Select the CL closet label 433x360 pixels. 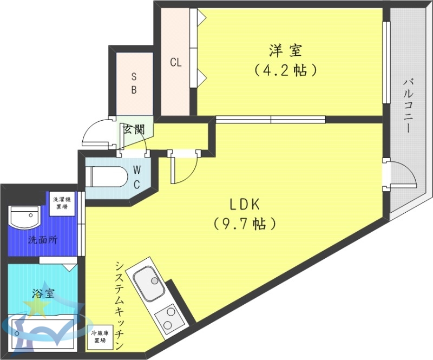(x=175, y=62)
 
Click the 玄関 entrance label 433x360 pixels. (x=134, y=129)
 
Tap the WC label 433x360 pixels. (x=137, y=176)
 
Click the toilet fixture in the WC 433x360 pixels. (x=108, y=176)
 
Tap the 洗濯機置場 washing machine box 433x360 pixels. (x=61, y=203)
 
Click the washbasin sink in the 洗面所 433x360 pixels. (x=24, y=218)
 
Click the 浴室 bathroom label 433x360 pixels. (x=43, y=294)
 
